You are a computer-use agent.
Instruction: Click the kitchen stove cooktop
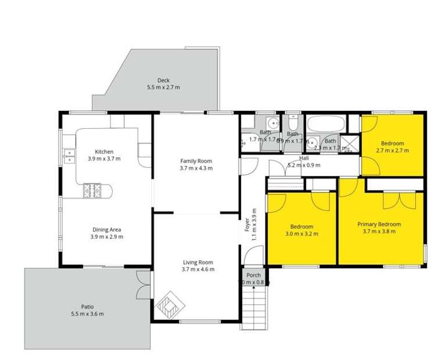click(92, 190)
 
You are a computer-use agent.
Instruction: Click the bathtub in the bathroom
click(325, 124)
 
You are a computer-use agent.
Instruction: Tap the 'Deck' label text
click(163, 80)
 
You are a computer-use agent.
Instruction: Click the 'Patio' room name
click(88, 307)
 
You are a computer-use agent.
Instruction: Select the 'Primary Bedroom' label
click(379, 224)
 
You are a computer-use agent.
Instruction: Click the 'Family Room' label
click(196, 161)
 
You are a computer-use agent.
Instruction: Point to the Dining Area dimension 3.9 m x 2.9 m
click(106, 236)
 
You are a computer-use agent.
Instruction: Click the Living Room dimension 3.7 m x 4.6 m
click(198, 269)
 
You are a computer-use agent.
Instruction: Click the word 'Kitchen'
click(104, 152)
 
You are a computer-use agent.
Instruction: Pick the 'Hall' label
click(304, 158)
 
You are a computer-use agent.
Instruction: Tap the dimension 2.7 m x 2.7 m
click(393, 150)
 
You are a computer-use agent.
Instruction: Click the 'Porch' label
click(253, 275)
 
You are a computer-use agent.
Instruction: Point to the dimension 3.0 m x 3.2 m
click(302, 233)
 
